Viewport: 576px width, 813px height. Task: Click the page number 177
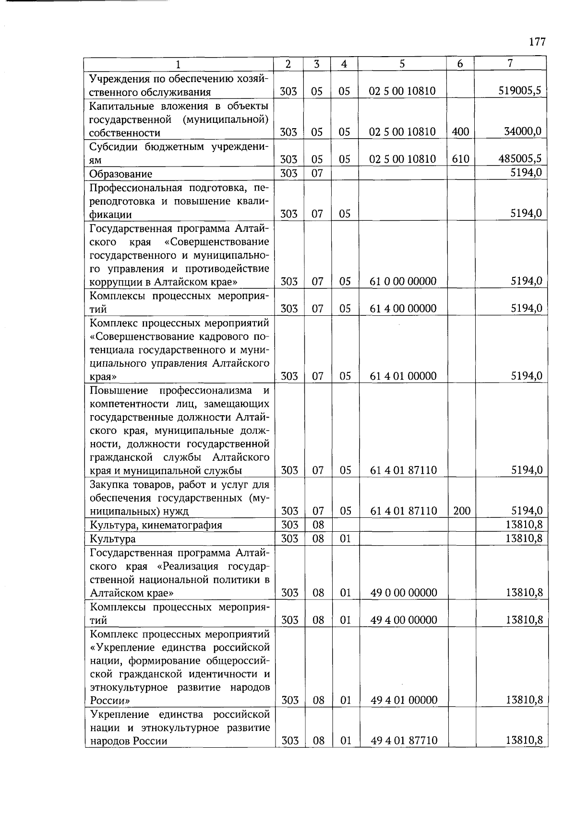[538, 42]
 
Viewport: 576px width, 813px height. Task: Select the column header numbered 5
[402, 64]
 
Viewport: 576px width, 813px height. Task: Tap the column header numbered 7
[510, 63]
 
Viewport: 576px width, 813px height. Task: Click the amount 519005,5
[520, 90]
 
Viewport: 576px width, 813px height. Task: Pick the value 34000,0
[523, 131]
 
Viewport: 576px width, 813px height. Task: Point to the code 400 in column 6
[460, 132]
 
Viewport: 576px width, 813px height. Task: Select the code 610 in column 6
[460, 159]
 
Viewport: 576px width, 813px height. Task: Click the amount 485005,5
[520, 158]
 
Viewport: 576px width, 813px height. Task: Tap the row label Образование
[121, 174]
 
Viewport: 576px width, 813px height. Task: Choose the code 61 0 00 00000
[403, 281]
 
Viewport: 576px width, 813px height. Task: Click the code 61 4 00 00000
[403, 309]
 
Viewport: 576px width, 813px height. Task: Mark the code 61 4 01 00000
[403, 376]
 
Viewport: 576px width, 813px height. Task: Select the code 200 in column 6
[461, 511]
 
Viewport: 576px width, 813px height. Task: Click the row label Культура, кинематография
[156, 525]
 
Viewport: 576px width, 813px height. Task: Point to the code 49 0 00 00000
[404, 593]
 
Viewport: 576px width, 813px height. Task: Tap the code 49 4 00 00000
[404, 620]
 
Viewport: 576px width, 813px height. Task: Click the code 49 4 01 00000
[404, 700]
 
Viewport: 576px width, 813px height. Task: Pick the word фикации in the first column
[110, 215]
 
